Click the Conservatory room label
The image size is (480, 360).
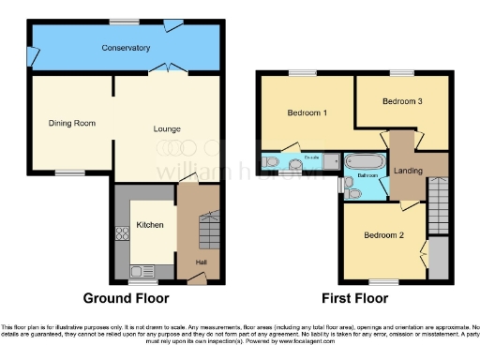click(x=126, y=48)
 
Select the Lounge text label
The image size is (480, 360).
click(x=167, y=128)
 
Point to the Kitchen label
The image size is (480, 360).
click(x=150, y=225)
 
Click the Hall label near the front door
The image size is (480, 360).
click(x=201, y=262)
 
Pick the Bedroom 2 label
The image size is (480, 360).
click(x=383, y=235)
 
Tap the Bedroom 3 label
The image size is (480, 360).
click(x=401, y=102)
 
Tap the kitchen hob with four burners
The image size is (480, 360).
click(x=120, y=237)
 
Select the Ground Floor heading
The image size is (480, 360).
click(x=127, y=299)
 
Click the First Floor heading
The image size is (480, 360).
click(x=355, y=299)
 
